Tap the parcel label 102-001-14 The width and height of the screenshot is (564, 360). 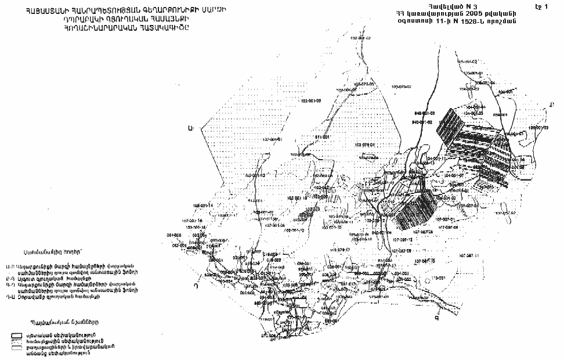pyautogui.click(x=203, y=206)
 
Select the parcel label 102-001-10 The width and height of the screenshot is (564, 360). pyautogui.click(x=302, y=231)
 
